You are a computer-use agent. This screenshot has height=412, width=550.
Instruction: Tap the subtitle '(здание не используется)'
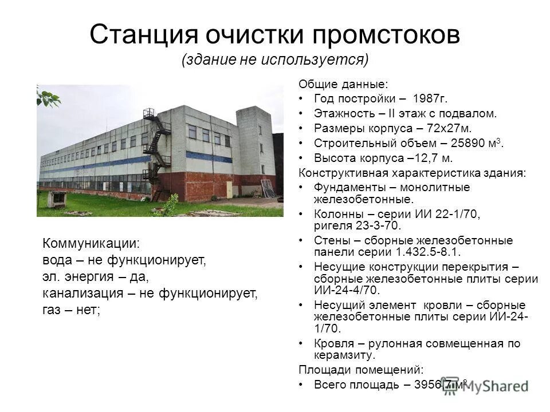click(275, 60)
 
